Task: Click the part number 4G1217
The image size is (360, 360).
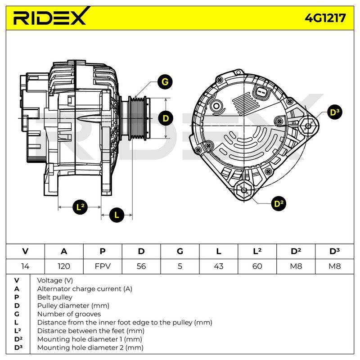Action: (325, 18)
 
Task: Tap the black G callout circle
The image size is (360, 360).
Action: (165, 82)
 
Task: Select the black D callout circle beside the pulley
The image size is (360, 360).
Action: (166, 118)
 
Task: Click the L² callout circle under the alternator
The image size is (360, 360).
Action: (80, 207)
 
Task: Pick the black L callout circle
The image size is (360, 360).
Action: (117, 215)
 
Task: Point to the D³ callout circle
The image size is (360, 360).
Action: (334, 112)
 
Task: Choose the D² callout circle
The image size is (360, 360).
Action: (279, 204)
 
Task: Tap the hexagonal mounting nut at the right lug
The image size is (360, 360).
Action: (308, 126)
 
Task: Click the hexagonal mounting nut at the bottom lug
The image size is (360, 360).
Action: (244, 190)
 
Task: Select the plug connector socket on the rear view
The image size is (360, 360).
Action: (261, 93)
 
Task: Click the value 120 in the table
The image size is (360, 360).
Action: (64, 266)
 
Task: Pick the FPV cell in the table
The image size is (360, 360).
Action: (103, 266)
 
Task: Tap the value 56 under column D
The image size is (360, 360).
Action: (141, 266)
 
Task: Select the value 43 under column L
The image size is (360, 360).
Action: (219, 266)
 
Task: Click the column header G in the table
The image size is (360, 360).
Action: (180, 252)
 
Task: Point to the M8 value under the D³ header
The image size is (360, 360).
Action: (334, 266)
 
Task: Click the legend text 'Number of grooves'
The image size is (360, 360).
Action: (69, 314)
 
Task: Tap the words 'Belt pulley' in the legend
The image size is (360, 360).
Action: (54, 297)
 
